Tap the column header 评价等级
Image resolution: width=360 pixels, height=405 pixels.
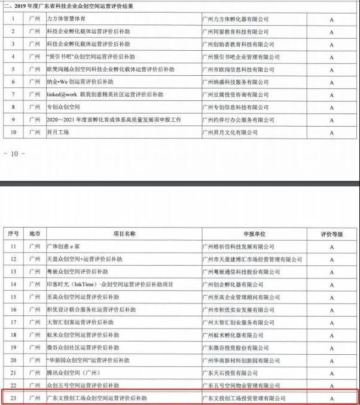pos(332,234)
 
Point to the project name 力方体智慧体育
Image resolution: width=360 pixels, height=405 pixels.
pos(66,19)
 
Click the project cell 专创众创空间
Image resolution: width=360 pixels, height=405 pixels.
pos(63,106)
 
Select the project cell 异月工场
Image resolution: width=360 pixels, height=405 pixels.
pos(57,132)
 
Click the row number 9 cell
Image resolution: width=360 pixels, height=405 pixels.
pos(13,119)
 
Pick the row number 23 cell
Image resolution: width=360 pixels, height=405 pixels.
pos(14,397)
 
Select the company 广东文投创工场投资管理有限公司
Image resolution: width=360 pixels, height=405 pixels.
pos(244,397)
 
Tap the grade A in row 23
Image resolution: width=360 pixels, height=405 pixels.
pos(332,397)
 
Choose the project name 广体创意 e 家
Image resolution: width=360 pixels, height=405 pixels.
pos(63,246)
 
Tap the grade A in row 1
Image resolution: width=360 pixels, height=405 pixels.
pos(332,19)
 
